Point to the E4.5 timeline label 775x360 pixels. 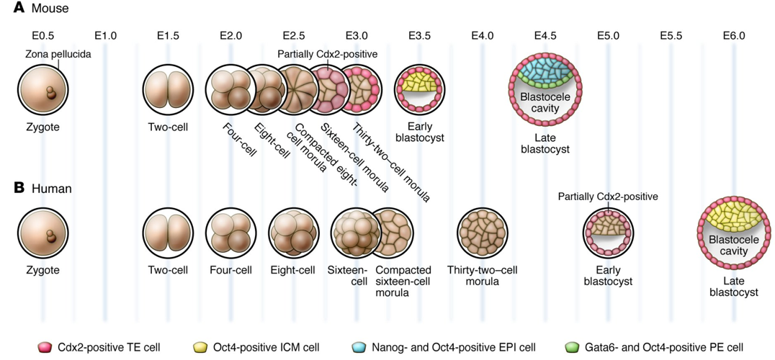(545, 35)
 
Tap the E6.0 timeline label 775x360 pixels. (733, 35)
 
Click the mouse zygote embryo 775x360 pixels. (42, 90)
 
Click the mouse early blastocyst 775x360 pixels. (419, 90)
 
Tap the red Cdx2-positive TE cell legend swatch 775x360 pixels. (45, 347)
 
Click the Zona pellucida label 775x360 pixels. (58, 54)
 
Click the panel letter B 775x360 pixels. (19, 188)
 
